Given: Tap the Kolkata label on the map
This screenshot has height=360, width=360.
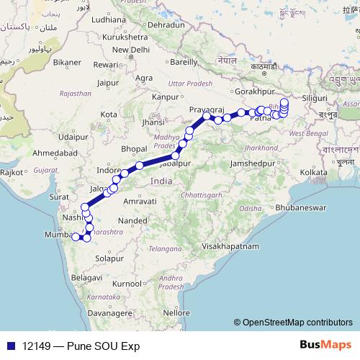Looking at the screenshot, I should [x=314, y=172].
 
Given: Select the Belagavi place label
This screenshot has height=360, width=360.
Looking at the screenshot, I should [x=87, y=276].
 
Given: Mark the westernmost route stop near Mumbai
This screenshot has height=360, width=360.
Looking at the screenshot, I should [x=75, y=236].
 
